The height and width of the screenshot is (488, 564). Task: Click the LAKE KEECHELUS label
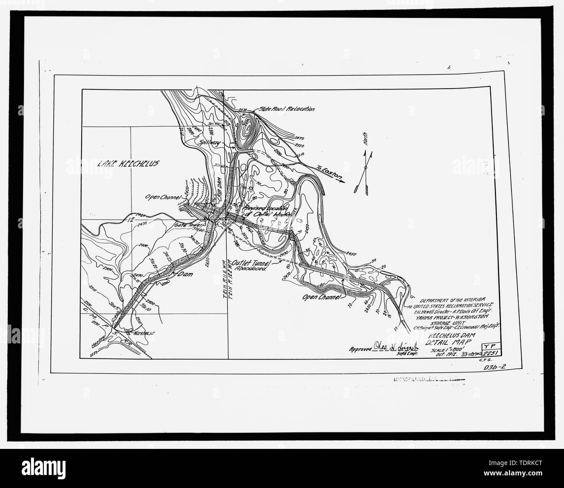[x=128, y=163]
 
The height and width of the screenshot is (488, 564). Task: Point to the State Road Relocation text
[x=286, y=109]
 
